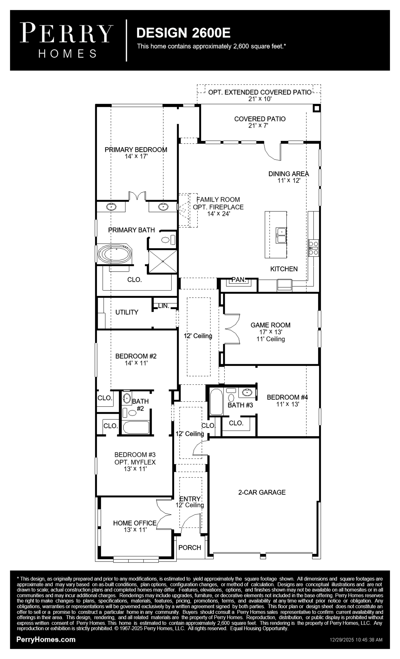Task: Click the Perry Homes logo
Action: coord(67,40)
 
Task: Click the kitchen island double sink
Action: coord(281,235)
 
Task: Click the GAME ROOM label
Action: coord(270,325)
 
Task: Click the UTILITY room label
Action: coord(127,312)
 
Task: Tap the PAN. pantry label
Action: coord(238,280)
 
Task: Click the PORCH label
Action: coord(190,547)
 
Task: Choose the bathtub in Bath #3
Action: coord(216,402)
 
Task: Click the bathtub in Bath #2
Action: coord(136,427)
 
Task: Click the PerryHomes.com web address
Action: coord(46,640)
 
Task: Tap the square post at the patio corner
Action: coord(317,108)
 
